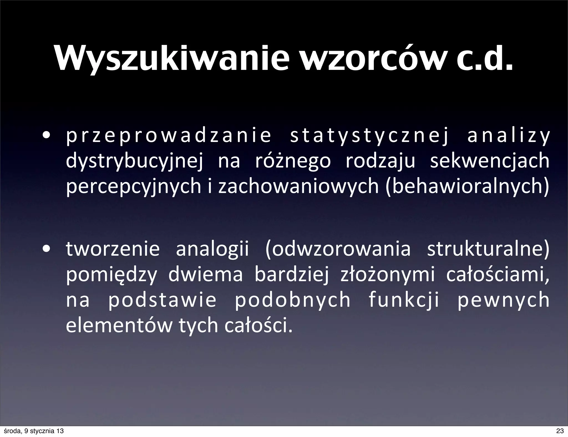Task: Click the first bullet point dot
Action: (x=46, y=136)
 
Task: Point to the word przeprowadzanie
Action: (x=168, y=136)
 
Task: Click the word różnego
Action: (x=293, y=161)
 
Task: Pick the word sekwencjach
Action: (x=490, y=161)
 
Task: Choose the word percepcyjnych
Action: (x=133, y=186)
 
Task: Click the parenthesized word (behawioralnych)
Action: (x=467, y=186)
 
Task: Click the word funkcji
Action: (x=404, y=300)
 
